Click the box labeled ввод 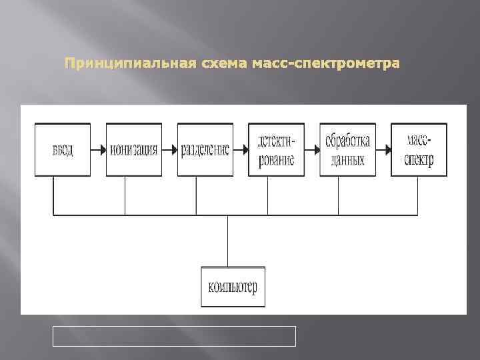click(x=62, y=149)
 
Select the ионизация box click(x=133, y=149)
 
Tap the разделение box click(x=205, y=149)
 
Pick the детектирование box click(x=276, y=149)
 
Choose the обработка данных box click(x=347, y=149)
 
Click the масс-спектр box click(x=419, y=149)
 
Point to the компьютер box click(x=233, y=287)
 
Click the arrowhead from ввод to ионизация click(x=102, y=149)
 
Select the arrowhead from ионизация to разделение click(x=173, y=149)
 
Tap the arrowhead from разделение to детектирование click(x=245, y=149)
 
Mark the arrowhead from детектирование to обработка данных click(x=316, y=149)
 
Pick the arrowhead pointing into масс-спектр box click(x=387, y=149)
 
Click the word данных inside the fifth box click(x=347, y=160)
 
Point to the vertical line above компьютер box click(x=228, y=241)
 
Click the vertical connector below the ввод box click(x=53, y=195)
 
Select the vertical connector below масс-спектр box click(x=418, y=195)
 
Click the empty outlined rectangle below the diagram click(x=174, y=336)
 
